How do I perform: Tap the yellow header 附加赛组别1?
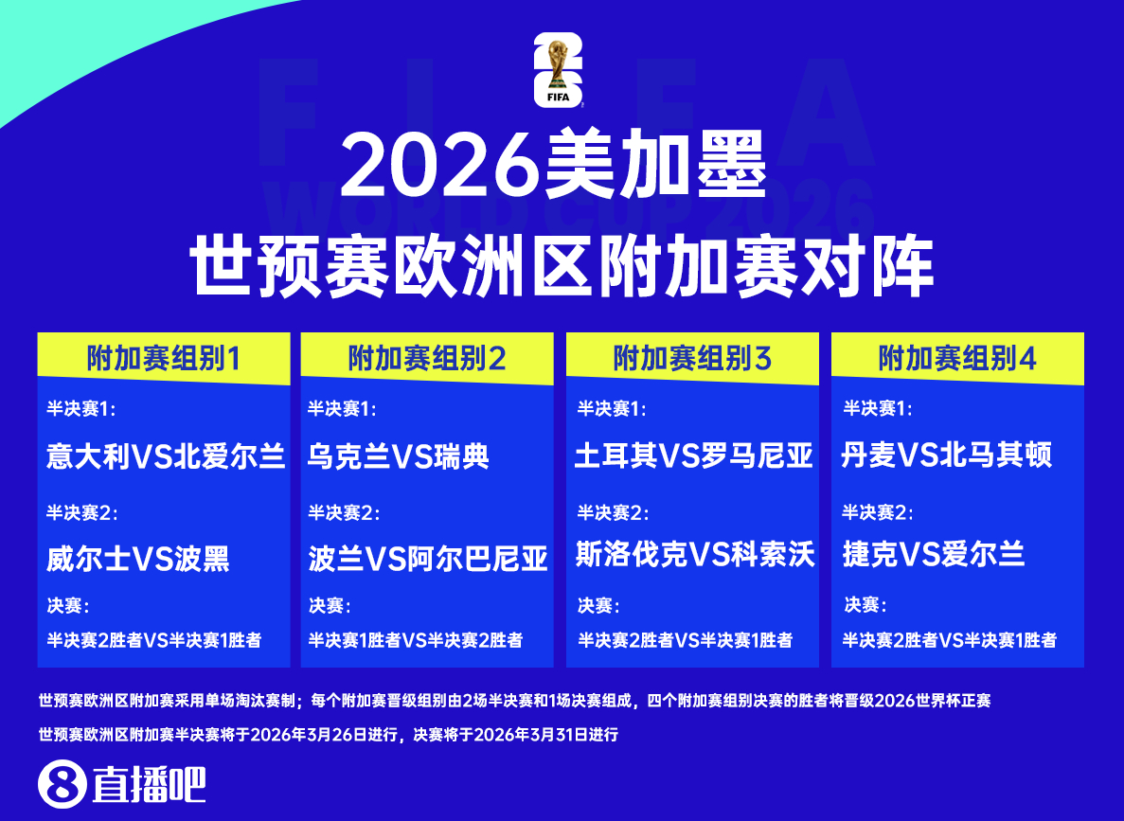click(x=163, y=358)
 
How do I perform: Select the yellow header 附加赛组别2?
click(x=426, y=358)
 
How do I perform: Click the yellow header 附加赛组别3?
click(x=692, y=358)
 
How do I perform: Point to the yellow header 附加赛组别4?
click(x=957, y=358)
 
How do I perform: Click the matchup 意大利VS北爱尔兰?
click(x=166, y=456)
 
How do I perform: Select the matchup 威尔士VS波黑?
click(x=138, y=559)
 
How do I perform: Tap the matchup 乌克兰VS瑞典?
click(x=399, y=456)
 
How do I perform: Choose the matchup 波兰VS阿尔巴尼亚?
click(x=428, y=559)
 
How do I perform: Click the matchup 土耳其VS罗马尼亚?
click(x=694, y=456)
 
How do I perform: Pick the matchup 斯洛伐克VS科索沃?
click(x=695, y=555)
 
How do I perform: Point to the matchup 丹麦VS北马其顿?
click(x=946, y=456)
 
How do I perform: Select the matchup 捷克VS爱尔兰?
click(x=934, y=555)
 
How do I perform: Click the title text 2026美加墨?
click(x=553, y=162)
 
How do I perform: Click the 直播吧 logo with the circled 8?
click(x=122, y=784)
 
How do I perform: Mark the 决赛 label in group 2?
click(x=328, y=605)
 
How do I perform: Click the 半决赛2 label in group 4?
click(x=878, y=512)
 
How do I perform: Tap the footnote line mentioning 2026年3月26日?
click(x=328, y=734)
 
